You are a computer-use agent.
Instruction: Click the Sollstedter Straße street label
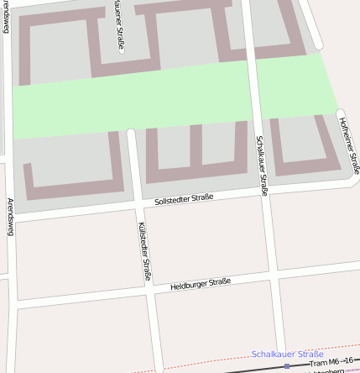pyautogui.click(x=185, y=198)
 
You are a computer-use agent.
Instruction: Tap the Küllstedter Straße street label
pyautogui.click(x=143, y=250)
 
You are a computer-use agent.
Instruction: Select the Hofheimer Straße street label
pyautogui.click(x=349, y=144)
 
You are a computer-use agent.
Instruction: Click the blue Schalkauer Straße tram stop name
pyautogui.click(x=288, y=355)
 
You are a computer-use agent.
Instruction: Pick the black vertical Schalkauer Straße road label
pyautogui.click(x=262, y=165)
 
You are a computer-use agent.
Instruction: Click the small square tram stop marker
pyautogui.click(x=287, y=366)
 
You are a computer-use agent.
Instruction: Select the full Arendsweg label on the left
pyautogui.click(x=11, y=217)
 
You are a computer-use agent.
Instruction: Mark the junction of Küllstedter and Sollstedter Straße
pyautogui.click(x=137, y=205)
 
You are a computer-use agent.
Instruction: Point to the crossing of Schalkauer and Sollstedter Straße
pyautogui.click(x=264, y=192)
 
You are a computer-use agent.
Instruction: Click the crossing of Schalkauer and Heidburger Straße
pyautogui.click(x=274, y=275)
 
